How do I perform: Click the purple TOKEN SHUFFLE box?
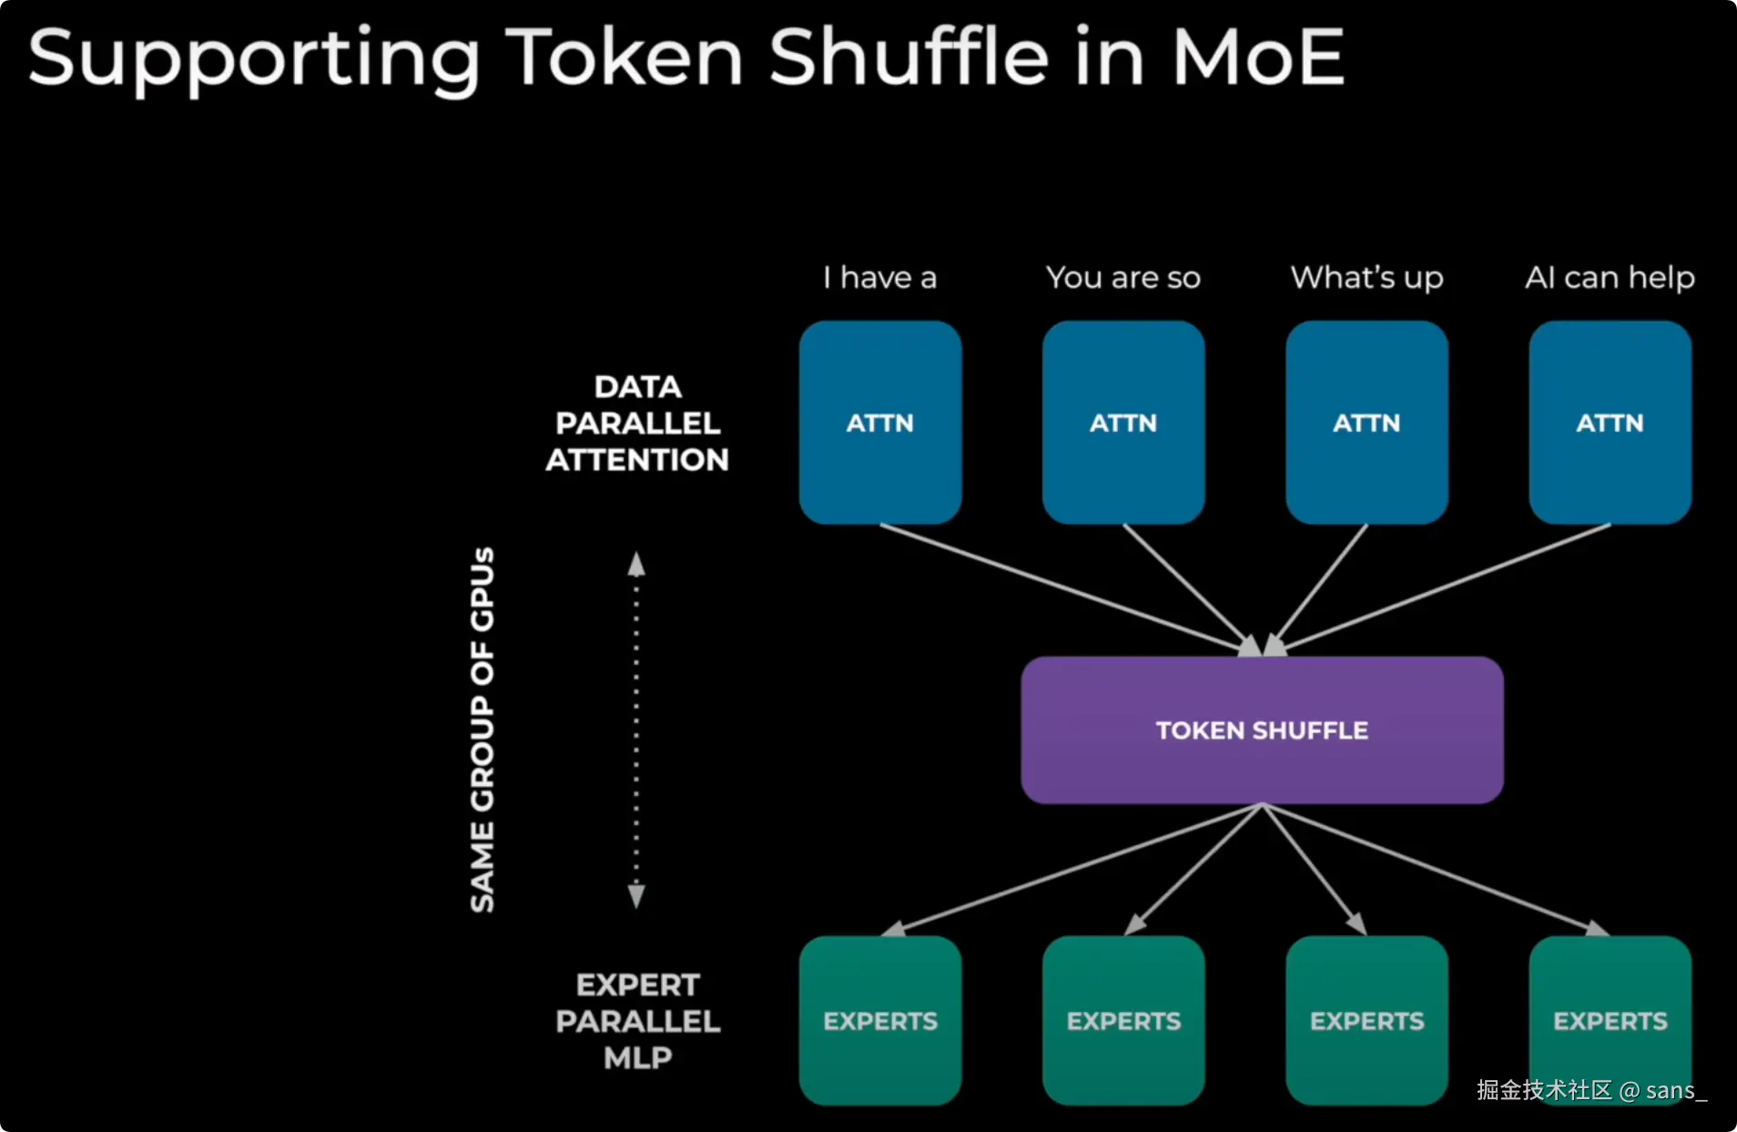tap(1261, 729)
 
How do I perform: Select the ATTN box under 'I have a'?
tap(879, 422)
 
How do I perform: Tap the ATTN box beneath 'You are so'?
tap(1122, 422)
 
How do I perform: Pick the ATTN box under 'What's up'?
tap(1366, 422)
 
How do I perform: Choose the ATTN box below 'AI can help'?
tap(1610, 422)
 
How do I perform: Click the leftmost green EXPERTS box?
tap(879, 1020)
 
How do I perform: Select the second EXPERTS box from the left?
tap(1122, 1020)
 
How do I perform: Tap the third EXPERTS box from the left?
tap(1366, 1020)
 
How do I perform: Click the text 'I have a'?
tap(879, 277)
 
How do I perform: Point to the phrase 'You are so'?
tap(1122, 277)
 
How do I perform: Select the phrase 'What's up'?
tap(1366, 277)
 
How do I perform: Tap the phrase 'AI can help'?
tap(1610, 277)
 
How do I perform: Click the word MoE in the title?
tap(1257, 56)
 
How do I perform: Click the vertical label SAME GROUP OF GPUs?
tap(482, 729)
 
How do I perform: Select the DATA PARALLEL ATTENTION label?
tap(637, 423)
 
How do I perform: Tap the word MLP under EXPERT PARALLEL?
tap(637, 1057)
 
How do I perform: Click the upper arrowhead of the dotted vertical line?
tap(636, 565)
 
